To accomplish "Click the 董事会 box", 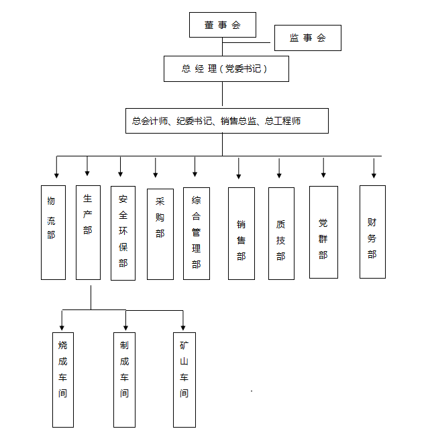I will coord(223,25).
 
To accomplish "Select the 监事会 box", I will coord(307,38).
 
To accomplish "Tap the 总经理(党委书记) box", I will coord(226,68).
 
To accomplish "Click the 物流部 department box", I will coord(53,232).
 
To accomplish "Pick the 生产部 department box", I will coord(88,232).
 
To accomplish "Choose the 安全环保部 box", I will coord(123,232).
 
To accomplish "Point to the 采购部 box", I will coord(160,234).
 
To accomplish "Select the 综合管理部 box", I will coord(196,233).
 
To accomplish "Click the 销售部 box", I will coord(241,233).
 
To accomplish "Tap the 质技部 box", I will coord(281,233).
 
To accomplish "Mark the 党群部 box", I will coord(323,232).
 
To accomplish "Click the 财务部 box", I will coord(372,232).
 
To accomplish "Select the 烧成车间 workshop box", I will coord(63,379).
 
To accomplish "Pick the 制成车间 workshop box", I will coord(124,379).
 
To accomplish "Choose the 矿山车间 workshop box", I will coord(184,379).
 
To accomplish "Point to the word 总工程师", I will coord(282,122).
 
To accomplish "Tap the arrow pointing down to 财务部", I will coord(374,167).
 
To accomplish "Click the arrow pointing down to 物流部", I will coord(56,167).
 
